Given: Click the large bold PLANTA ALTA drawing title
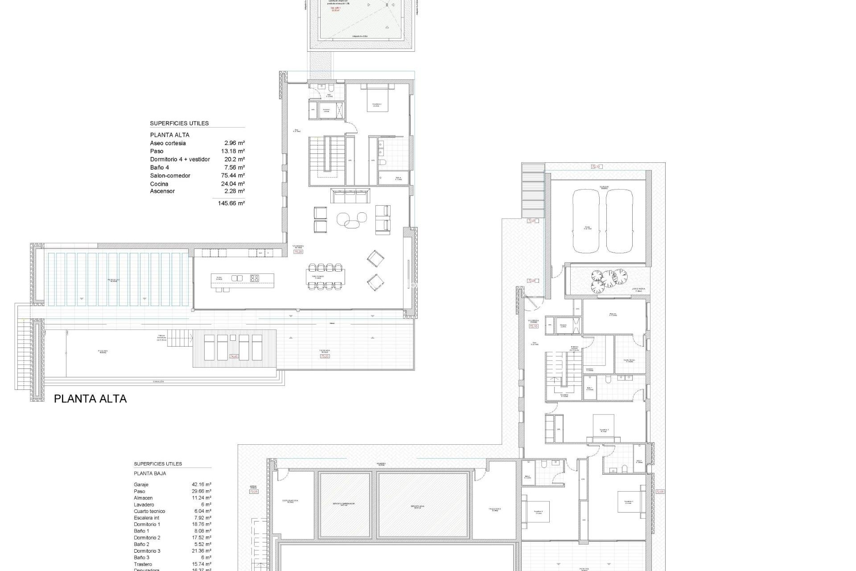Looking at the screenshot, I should pos(90,399).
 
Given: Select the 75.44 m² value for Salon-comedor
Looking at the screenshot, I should pos(233,175).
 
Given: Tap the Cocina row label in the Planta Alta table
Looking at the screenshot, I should pos(159,184).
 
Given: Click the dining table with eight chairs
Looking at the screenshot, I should pos(325,277).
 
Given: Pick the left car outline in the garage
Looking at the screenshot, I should pos(586,221).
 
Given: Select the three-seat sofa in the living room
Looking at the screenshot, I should pos(350,195).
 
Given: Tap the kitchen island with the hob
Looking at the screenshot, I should pos(243,280).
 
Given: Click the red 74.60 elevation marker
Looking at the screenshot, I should pos(234,356).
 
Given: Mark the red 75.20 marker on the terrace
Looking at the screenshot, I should pos(325,356).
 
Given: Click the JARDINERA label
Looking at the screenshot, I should pos(638,289).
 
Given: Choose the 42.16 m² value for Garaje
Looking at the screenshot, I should pos(202,484).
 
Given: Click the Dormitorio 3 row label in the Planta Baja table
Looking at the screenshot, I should pos(147,551).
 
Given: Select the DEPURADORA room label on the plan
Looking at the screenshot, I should pos(290,501).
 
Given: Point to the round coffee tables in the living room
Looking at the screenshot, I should pos(351,219).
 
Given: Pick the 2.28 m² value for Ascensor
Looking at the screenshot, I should pos(235,191).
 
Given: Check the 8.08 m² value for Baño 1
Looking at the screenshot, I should pos(202,531).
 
